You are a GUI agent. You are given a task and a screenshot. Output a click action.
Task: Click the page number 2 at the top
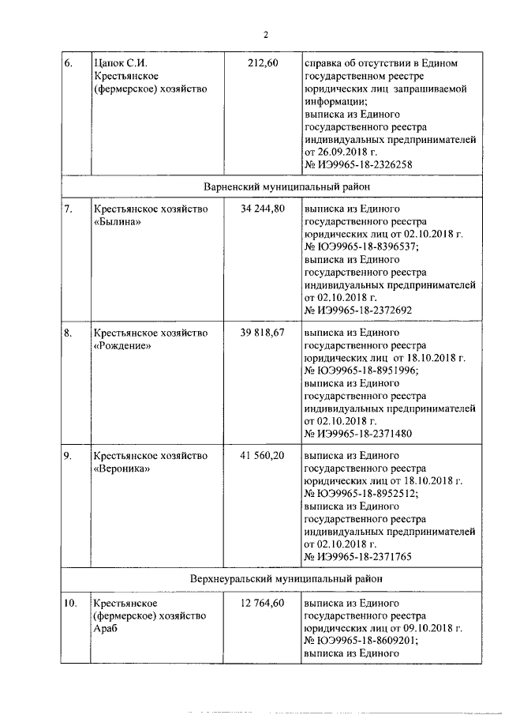pos(266,34)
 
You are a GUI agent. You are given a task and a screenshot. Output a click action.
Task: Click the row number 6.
pos(69,62)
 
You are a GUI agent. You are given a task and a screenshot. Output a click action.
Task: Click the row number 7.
pos(69,209)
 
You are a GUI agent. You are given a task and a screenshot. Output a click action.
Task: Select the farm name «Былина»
pos(118,222)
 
